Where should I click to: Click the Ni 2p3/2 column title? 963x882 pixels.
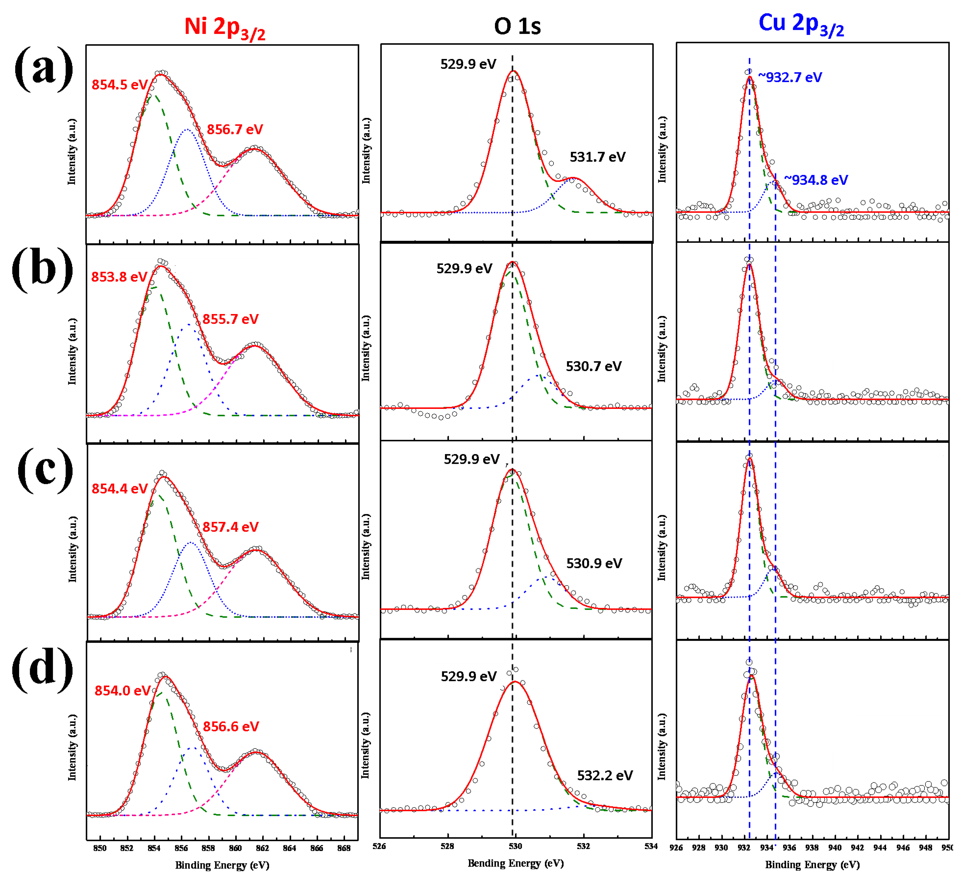click(225, 27)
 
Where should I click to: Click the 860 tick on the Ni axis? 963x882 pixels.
click(235, 848)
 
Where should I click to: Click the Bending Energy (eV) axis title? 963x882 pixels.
click(515, 863)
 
